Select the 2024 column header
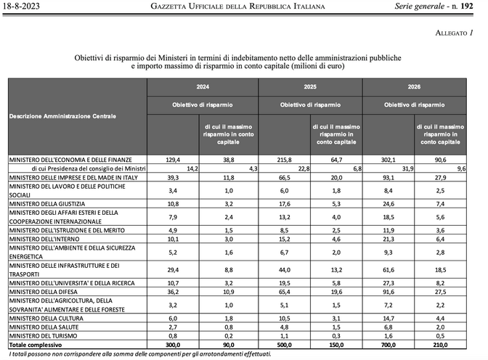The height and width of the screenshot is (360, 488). [203, 86]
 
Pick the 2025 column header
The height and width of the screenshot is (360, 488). [309, 86]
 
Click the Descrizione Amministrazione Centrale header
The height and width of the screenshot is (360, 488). [62, 116]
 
